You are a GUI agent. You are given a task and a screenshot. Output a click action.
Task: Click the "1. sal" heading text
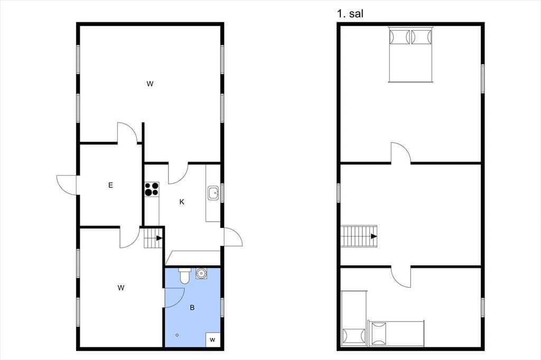350,14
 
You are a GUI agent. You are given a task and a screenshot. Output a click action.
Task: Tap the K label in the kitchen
182,202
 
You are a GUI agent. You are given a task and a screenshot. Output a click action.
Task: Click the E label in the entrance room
110,185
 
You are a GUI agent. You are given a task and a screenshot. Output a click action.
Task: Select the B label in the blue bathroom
192,307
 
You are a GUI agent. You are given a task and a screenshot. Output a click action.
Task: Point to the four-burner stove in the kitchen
152,189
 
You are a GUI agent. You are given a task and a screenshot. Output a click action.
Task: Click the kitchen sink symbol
213,193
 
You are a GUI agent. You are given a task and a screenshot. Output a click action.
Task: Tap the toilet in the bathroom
184,275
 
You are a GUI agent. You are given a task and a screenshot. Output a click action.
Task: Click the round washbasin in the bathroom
201,273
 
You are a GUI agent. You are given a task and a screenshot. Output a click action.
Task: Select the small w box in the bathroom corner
212,339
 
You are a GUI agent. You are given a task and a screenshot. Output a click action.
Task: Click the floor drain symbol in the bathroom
178,335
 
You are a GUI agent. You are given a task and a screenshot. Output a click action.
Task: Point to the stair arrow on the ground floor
158,238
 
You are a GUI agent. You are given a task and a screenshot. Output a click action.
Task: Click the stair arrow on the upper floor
374,236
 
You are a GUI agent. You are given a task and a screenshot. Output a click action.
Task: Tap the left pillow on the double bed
399,37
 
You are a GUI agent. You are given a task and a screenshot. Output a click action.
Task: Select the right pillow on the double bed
421,37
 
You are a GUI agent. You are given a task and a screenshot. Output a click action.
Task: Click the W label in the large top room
150,84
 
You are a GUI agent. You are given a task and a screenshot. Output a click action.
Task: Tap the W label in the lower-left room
121,288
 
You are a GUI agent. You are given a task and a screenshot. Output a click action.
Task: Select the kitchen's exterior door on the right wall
233,237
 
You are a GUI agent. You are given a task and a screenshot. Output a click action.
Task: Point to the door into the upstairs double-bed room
401,153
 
